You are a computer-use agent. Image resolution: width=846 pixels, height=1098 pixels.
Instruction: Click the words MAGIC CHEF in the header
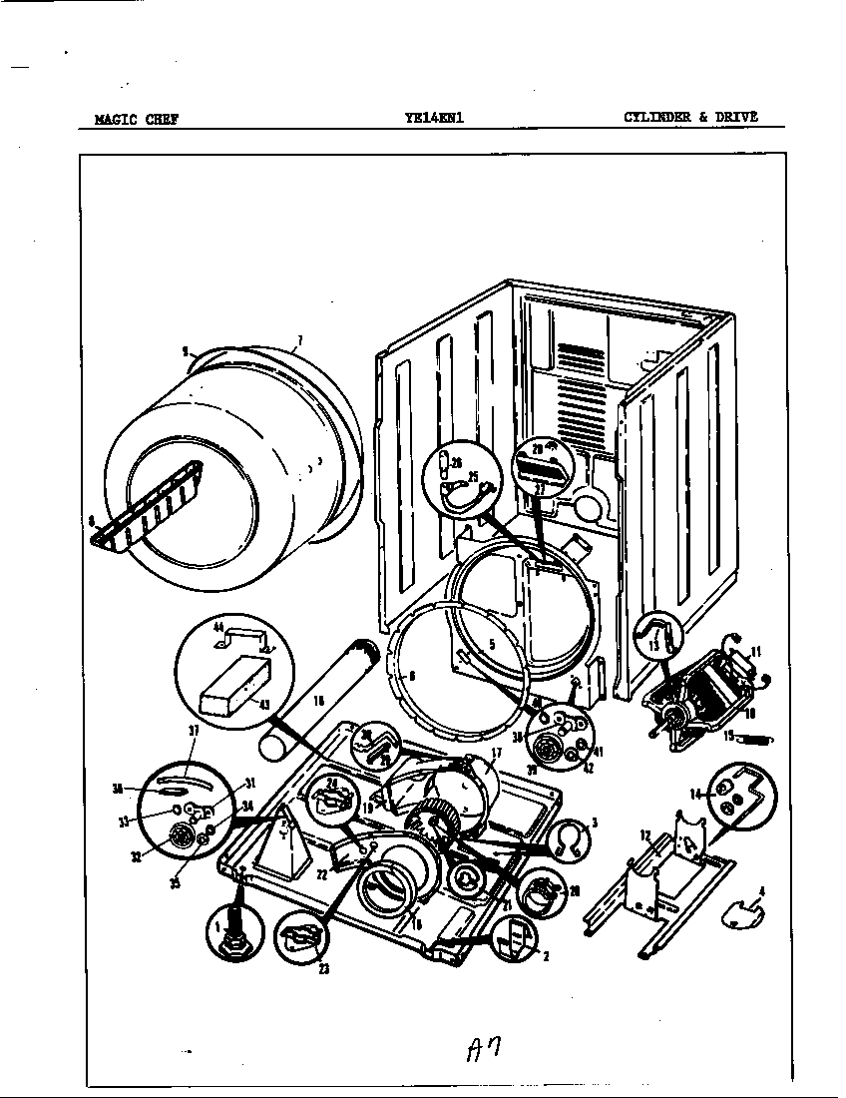click(x=137, y=119)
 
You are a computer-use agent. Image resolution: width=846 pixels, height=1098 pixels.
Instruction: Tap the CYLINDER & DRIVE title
click(x=690, y=117)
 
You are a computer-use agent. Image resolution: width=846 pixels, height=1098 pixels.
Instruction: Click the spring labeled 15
click(x=760, y=740)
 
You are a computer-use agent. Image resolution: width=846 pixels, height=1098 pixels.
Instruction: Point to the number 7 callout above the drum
click(x=298, y=342)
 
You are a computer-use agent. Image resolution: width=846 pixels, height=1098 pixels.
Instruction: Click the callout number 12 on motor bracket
click(x=644, y=834)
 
